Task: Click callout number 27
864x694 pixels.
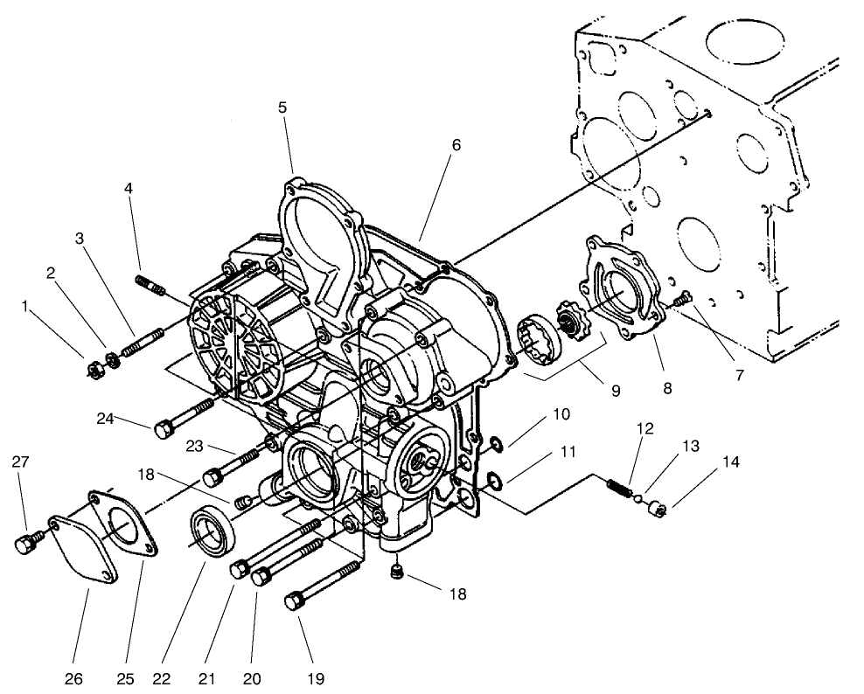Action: click(x=19, y=462)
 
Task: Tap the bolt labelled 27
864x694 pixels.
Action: click(x=25, y=543)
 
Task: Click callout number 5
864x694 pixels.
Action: click(x=282, y=108)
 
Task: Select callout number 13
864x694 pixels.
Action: click(x=691, y=448)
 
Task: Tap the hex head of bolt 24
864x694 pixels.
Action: click(x=163, y=429)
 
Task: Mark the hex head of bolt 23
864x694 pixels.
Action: click(x=213, y=477)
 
